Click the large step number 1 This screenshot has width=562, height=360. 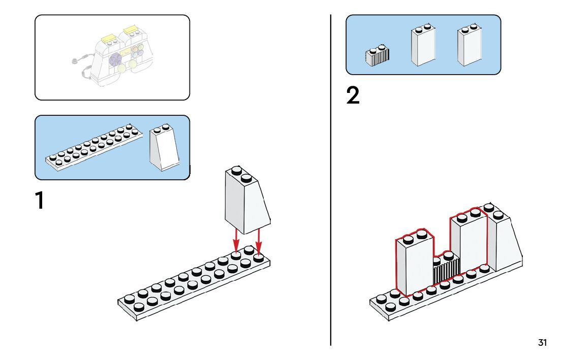click(39, 201)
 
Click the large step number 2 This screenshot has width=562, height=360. click(353, 96)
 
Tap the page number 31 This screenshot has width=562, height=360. click(542, 343)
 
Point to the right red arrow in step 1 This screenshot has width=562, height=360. click(259, 241)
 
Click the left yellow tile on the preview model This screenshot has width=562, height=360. click(108, 38)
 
